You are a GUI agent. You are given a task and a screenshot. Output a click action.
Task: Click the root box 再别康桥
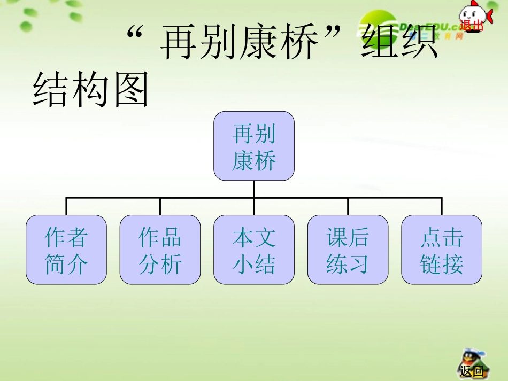pyautogui.click(x=254, y=146)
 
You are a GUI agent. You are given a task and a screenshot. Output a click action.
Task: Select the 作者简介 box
pyautogui.click(x=66, y=250)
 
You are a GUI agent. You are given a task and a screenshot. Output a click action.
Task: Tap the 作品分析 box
pyautogui.click(x=160, y=250)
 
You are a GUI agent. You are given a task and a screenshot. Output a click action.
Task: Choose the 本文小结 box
pyautogui.click(x=254, y=250)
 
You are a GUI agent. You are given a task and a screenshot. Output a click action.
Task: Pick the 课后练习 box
pyautogui.click(x=348, y=250)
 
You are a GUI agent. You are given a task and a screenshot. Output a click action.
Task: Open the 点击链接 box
pyautogui.click(x=442, y=250)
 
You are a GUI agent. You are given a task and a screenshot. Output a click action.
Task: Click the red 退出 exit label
pyautogui.click(x=471, y=25)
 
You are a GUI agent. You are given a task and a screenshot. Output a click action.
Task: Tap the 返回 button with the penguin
pyautogui.click(x=471, y=370)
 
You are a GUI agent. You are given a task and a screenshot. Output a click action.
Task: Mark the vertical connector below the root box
pyautogui.click(x=254, y=189)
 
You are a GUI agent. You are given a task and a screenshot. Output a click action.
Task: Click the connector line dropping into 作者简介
pyautogui.click(x=66, y=206)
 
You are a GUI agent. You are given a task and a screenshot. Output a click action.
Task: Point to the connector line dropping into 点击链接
pyautogui.click(x=442, y=206)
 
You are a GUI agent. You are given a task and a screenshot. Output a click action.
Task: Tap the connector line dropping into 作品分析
pyautogui.click(x=160, y=206)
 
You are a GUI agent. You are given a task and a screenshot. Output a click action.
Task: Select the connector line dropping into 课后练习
pyautogui.click(x=348, y=206)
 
